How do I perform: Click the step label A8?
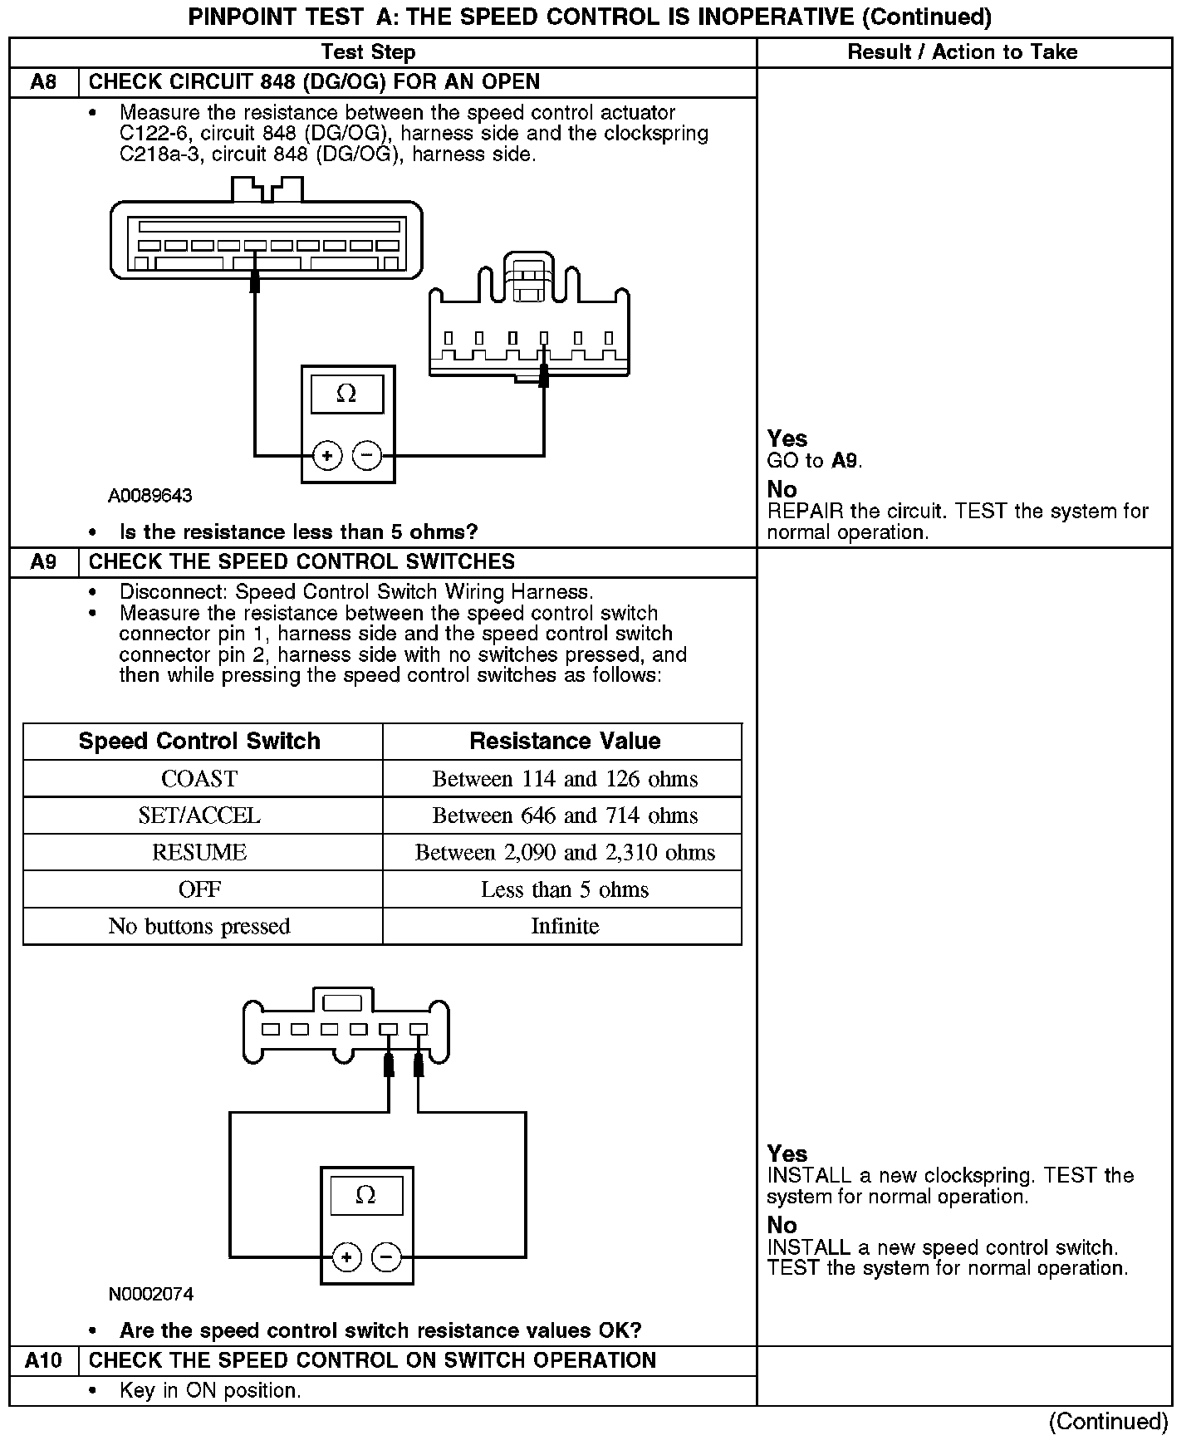(43, 82)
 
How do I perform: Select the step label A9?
(43, 562)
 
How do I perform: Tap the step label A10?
(43, 1360)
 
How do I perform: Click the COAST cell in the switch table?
(199, 779)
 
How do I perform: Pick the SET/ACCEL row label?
(199, 816)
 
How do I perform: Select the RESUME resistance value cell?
(565, 853)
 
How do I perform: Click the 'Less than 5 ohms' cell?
(565, 889)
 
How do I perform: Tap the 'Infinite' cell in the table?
(565, 926)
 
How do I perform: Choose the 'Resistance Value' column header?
(565, 741)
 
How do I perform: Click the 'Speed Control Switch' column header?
(199, 741)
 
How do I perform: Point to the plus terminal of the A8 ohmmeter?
(327, 455)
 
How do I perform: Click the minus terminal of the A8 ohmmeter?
(367, 455)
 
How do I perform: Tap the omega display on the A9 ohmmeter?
(365, 1195)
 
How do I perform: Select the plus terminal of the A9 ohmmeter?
(346, 1257)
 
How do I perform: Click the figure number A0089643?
(149, 496)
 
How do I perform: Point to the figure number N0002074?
(150, 1294)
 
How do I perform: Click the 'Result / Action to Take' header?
(963, 52)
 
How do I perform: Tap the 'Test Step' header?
(368, 52)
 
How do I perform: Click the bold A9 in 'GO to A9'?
(845, 461)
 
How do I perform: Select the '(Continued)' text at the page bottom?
(1110, 1422)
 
